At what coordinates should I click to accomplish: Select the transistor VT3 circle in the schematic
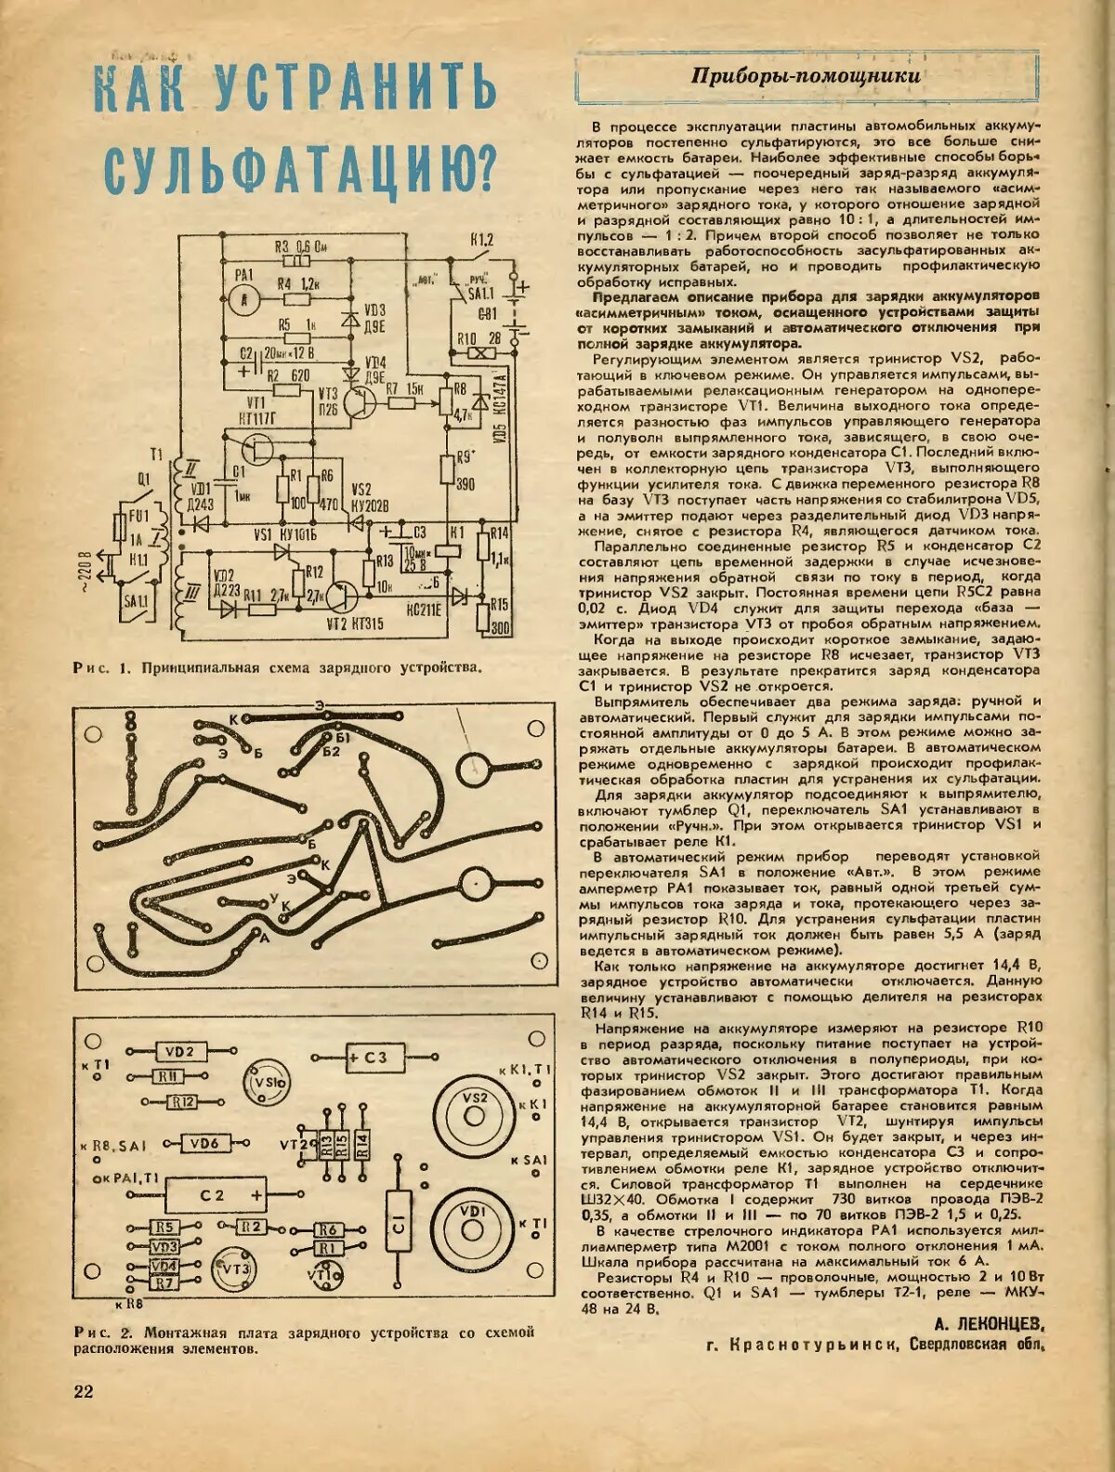357,401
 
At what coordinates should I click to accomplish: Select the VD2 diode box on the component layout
179,1052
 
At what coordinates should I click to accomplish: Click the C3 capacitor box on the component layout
366,1058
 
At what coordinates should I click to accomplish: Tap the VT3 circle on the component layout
234,1268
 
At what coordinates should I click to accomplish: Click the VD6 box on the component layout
205,1143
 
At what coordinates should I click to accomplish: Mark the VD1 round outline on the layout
473,1226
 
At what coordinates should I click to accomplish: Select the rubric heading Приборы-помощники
806,76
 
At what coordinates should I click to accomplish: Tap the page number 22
84,1390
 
